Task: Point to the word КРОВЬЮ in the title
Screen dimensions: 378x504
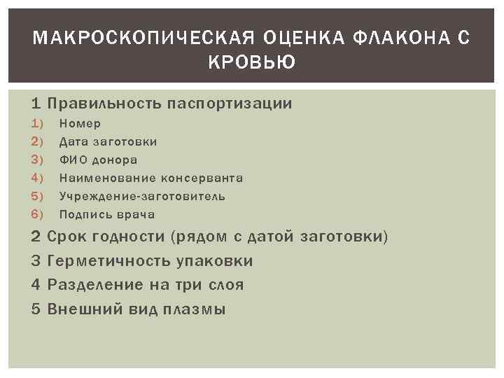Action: tap(252, 63)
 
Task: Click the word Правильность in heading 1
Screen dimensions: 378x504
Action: tap(104, 104)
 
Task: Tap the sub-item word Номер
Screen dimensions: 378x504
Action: tap(80, 124)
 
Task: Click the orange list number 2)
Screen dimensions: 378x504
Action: tap(38, 142)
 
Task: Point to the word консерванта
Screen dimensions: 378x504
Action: tap(202, 178)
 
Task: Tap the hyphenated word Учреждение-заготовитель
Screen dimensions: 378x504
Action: tap(142, 197)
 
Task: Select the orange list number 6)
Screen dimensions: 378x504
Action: tap(38, 215)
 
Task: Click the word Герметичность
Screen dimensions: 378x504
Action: tap(108, 261)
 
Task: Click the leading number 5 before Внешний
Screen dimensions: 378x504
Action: tap(36, 309)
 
